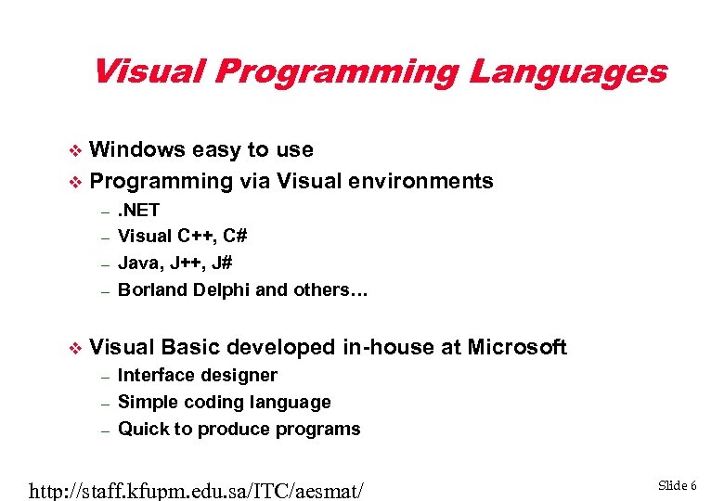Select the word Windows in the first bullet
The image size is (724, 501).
tap(136, 149)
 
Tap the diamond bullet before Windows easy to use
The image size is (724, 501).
tap(77, 150)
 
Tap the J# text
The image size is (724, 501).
tap(220, 263)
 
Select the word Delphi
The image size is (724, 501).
tap(223, 289)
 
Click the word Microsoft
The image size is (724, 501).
tap(517, 347)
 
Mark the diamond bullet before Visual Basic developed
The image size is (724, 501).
tap(77, 348)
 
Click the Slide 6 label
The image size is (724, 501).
tap(678, 485)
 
